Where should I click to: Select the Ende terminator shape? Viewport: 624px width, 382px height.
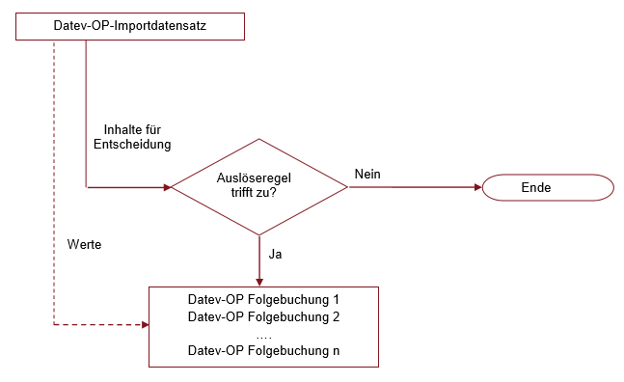(547, 187)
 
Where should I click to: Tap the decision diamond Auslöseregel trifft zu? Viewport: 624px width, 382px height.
(259, 186)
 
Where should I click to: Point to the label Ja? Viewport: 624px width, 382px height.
(276, 255)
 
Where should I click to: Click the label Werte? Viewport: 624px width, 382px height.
(85, 244)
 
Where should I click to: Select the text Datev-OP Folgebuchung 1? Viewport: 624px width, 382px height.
(263, 299)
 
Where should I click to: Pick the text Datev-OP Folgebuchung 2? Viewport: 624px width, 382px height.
(263, 316)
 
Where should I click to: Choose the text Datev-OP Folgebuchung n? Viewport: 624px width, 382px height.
(263, 351)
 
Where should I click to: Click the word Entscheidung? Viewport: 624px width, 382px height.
(132, 145)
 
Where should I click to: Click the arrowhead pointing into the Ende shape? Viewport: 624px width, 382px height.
(477, 187)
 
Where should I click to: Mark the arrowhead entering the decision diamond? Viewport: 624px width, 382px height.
(166, 187)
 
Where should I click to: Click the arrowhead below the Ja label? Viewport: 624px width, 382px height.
(259, 280)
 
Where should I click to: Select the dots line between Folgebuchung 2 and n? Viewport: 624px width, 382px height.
(263, 334)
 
